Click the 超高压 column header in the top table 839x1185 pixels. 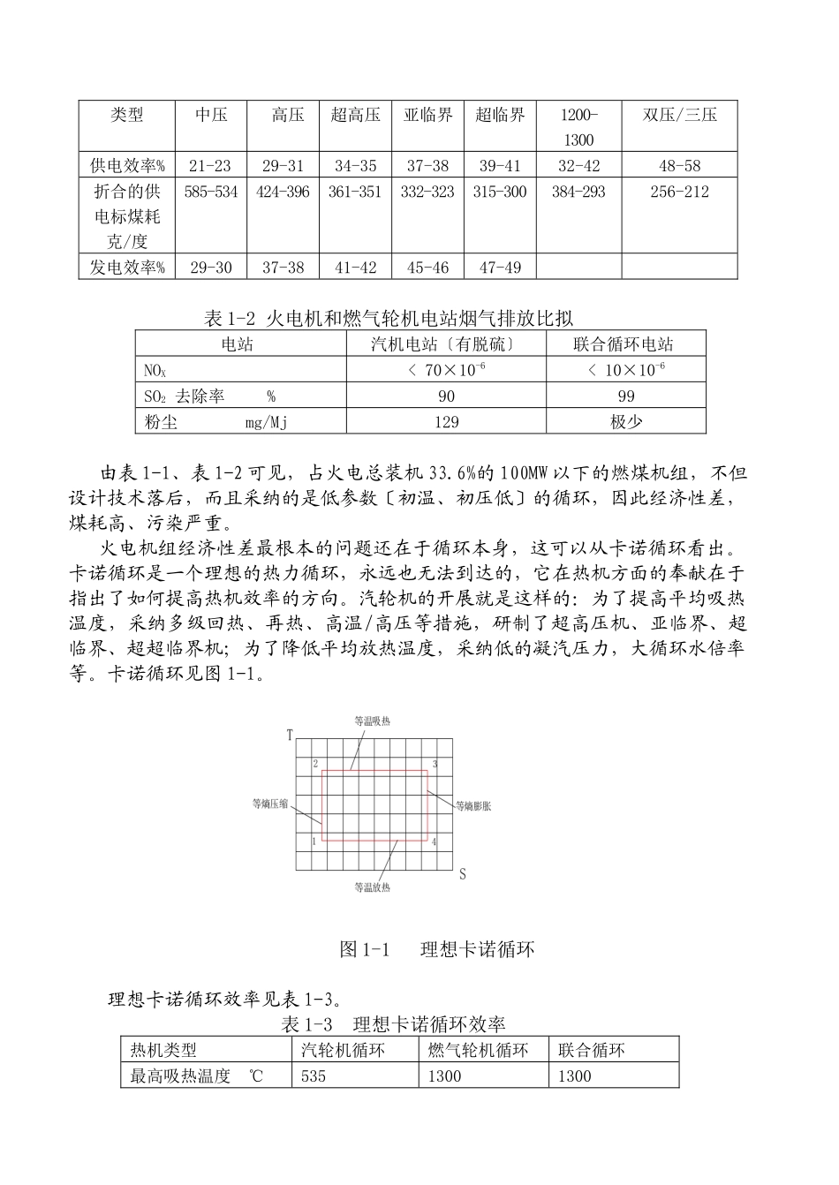355,115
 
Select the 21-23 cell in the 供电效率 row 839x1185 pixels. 210,166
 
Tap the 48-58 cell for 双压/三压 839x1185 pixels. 679,166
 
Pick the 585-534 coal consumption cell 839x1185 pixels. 210,192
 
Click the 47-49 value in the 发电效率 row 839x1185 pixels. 500,268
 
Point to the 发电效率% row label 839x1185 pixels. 127,268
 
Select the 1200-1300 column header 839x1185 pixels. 578,127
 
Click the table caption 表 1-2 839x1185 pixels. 389,319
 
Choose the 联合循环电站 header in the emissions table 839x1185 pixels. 625,344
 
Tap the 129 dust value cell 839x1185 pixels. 446,422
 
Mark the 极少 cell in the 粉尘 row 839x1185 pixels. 625,422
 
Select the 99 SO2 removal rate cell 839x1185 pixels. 625,396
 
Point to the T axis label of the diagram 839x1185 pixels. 290,735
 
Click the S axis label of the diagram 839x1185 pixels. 462,874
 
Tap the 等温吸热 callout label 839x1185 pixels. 372,721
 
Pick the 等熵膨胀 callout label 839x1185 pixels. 473,805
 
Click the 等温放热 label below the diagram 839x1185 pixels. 372,887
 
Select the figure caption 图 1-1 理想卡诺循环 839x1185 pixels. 437,949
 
